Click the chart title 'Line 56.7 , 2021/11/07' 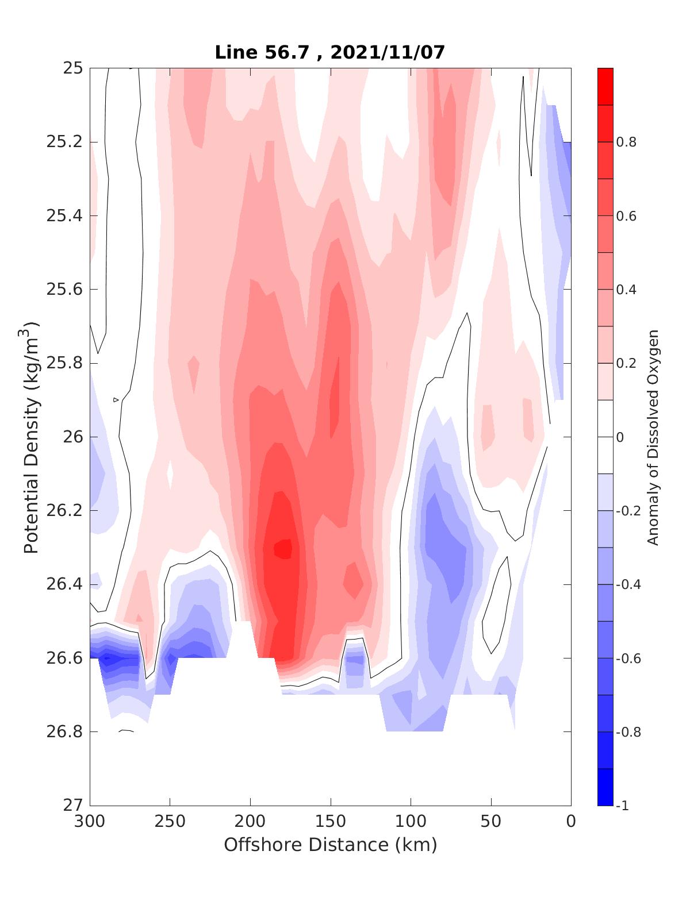330,52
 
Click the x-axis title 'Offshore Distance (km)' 330,845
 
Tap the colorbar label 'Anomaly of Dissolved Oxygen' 653,437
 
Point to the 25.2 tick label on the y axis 64,142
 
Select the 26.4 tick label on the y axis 64,584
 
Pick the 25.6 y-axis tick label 64,289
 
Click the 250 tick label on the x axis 170,822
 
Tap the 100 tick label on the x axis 411,822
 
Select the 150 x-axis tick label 331,822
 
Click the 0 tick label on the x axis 571,822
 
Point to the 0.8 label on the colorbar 626,142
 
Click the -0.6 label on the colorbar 628,658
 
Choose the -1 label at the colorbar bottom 622,805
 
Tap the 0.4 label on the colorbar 626,289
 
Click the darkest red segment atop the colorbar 605,86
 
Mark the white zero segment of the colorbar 605,437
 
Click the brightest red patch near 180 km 282,549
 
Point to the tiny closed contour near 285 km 116,399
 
